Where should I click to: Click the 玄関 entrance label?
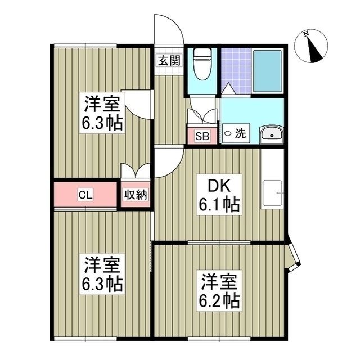coord(169,60)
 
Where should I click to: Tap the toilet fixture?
coord(202,64)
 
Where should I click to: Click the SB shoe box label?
coord(202,136)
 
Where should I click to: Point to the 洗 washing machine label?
coord(240,134)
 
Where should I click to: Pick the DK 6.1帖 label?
coord(219,195)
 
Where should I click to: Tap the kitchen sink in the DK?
coord(272,193)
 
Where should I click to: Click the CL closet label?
coord(85,195)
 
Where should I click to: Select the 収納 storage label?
coord(136,195)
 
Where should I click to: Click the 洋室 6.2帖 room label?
coord(219,290)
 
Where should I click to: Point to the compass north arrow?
coord(314,49)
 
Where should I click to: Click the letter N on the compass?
coord(306,34)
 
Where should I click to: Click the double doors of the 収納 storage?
coord(136,170)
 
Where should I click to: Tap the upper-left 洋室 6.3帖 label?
coord(102,113)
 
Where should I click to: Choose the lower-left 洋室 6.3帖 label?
coord(102,274)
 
